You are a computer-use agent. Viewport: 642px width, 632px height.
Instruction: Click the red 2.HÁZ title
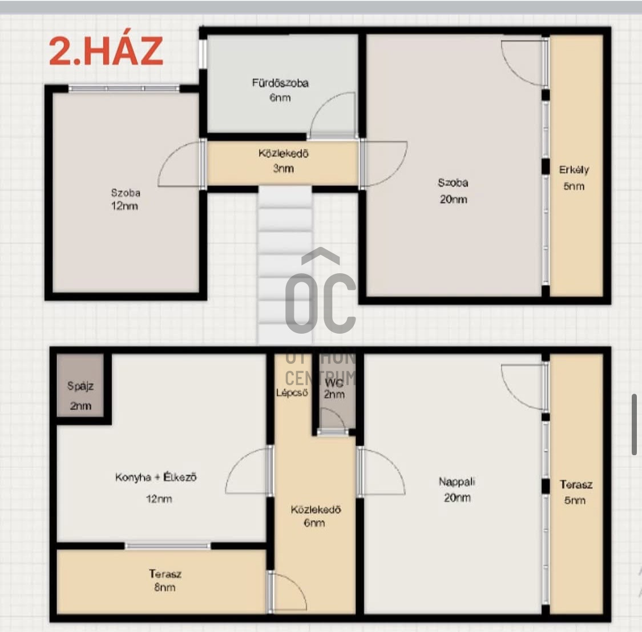point(106,51)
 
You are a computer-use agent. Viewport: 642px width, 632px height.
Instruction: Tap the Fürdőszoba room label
point(280,90)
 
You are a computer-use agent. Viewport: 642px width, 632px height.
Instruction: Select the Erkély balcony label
point(574,177)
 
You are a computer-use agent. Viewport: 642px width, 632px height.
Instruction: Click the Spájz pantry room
point(80,394)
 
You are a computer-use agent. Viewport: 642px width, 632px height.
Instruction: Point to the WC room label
point(334,388)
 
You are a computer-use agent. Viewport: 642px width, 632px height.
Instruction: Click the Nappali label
point(457,489)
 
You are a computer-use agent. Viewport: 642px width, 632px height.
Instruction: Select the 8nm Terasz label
point(165,580)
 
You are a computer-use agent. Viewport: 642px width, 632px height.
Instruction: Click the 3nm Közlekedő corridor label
point(284,161)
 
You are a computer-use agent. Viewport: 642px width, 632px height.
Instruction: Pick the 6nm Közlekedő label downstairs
point(315,516)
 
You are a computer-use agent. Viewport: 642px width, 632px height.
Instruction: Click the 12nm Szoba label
point(126,199)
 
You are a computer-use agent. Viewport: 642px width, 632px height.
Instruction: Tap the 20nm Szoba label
point(453,191)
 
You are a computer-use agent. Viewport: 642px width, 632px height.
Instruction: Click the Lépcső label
point(292,392)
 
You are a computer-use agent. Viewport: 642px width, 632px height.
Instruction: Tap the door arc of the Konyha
point(247,470)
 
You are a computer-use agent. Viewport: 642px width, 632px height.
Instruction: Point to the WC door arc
point(333,420)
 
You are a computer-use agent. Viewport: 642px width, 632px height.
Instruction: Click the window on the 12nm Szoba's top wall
point(124,88)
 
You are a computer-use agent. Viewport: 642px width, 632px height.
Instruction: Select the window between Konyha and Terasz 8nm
point(167,546)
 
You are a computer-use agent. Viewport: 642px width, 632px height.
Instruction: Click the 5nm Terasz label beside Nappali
point(576,492)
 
